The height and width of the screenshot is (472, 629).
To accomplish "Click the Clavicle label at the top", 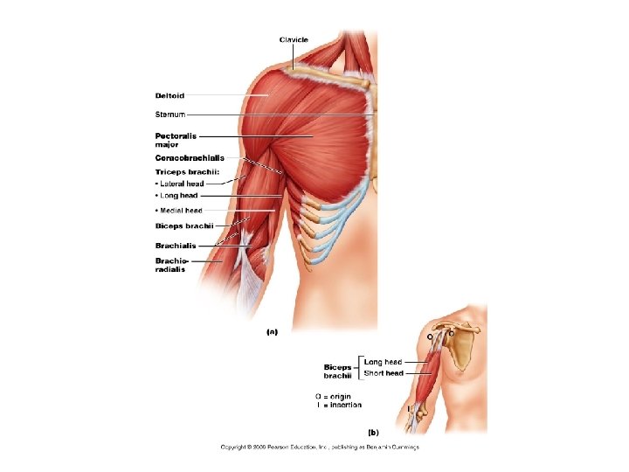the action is [294, 39].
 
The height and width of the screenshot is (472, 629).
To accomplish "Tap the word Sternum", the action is [170, 115].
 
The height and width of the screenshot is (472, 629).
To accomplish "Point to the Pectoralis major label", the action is [176, 140].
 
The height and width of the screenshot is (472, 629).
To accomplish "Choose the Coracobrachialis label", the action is [190, 158].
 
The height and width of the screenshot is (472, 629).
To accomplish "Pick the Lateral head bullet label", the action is [180, 184].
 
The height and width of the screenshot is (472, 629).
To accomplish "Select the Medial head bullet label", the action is [179, 211].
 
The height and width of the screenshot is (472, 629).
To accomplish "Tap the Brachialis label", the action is [176, 246].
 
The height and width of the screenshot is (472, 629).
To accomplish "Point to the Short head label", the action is [384, 373].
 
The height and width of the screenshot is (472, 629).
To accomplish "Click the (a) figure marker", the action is [272, 332].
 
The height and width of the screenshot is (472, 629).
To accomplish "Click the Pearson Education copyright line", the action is [319, 448].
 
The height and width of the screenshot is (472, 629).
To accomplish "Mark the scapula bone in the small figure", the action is [462, 351].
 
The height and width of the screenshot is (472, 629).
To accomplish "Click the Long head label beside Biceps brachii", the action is [383, 362].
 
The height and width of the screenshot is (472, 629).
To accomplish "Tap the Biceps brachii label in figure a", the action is [178, 226].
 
